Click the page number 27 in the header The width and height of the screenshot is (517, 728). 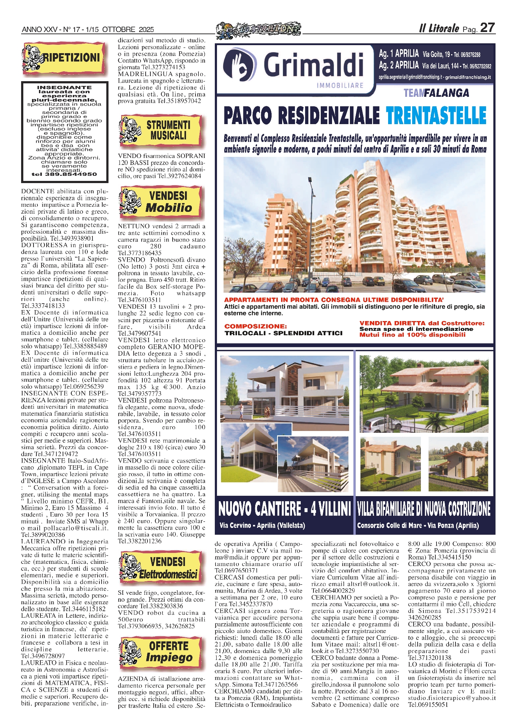tap(487, 28)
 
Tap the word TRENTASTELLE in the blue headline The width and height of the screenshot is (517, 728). tap(436, 116)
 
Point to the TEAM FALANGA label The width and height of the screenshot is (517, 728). tap(436, 93)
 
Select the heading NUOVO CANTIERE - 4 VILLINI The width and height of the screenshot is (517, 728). tap(284, 509)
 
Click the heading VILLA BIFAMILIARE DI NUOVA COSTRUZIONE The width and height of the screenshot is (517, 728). tap(424, 509)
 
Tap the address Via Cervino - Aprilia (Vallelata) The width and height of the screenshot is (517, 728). tap(262, 525)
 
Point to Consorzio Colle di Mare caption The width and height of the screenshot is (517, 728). tap(418, 525)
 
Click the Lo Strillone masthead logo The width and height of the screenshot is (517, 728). tap(258, 30)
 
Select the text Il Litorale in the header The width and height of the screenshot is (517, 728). tap(439, 29)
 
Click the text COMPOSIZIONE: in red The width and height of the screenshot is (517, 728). tap(256, 326)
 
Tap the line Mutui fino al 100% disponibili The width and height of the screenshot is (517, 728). tap(412, 335)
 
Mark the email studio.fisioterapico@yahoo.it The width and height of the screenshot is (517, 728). tap(451, 698)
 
